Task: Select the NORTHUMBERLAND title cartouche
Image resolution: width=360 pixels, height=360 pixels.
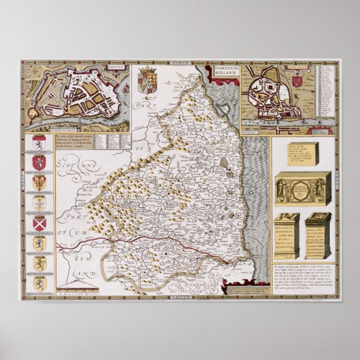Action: (225, 72)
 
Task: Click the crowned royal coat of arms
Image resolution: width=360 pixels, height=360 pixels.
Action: (148, 79)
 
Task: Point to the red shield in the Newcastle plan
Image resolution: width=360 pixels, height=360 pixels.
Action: (297, 81)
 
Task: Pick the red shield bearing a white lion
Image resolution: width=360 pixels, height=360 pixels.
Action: (39, 163)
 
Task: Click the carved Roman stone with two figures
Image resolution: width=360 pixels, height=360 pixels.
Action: (302, 190)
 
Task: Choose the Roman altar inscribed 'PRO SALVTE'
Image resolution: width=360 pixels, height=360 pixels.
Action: (287, 235)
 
